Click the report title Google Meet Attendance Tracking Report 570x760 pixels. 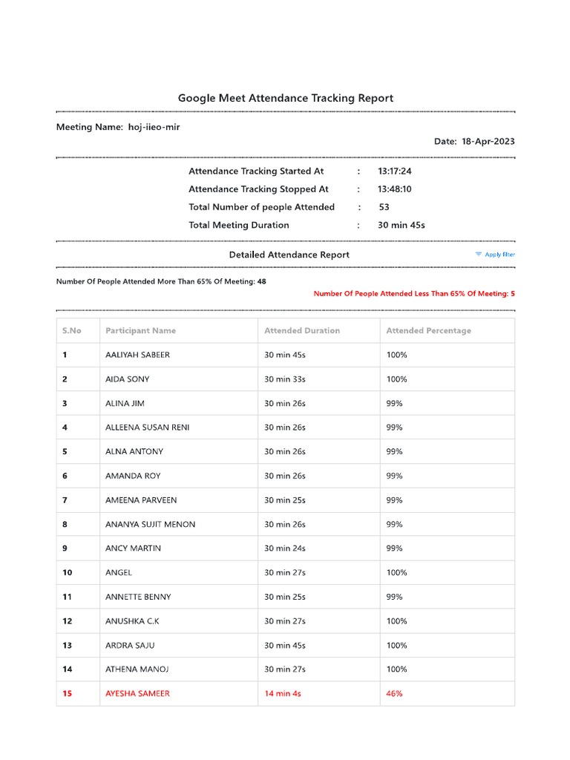(285, 98)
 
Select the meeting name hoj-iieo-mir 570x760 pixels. (154, 127)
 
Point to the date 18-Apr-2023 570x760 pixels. (488, 141)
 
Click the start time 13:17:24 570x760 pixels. (394, 171)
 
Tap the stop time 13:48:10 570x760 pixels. (394, 189)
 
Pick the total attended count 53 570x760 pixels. (384, 207)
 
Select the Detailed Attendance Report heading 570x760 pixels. (289, 255)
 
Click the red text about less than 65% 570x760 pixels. (414, 294)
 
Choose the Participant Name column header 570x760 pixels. (140, 330)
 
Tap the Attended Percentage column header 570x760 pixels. (428, 330)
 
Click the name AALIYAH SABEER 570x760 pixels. (137, 355)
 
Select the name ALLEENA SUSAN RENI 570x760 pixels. (147, 427)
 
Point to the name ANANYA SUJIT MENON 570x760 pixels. (150, 524)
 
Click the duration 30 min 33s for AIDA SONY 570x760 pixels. (284, 379)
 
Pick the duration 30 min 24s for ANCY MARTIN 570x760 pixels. (284, 548)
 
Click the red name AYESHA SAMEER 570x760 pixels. (137, 693)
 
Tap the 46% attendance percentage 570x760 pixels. (394, 693)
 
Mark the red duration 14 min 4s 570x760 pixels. (282, 693)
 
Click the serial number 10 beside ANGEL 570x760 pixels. (68, 572)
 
